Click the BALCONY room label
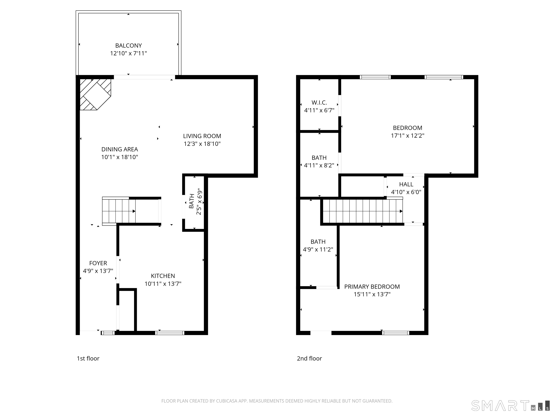(128, 46)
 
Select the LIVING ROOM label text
(202, 136)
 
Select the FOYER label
(98, 263)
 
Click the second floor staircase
(362, 211)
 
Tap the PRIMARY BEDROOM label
(372, 287)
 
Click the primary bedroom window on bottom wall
(395, 333)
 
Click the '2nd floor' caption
(309, 358)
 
